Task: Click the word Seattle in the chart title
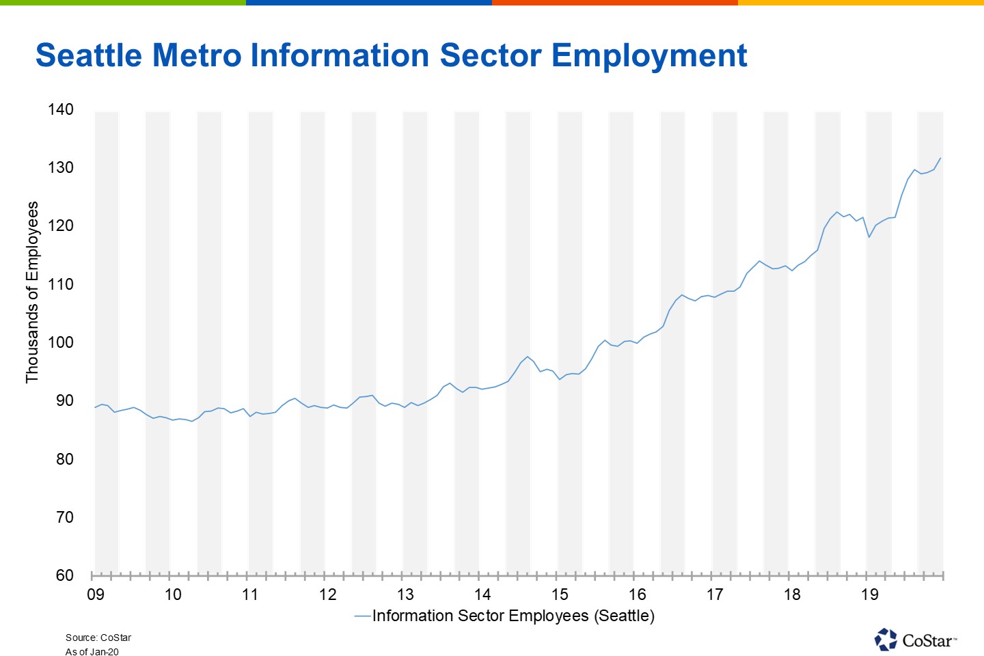pyautogui.click(x=89, y=55)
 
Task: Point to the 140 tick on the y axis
pyautogui.click(x=61, y=109)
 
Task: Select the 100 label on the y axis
pyautogui.click(x=61, y=342)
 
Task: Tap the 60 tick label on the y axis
pyautogui.click(x=64, y=575)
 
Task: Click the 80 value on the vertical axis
pyautogui.click(x=64, y=459)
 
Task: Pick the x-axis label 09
pyautogui.click(x=96, y=594)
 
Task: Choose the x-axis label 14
pyautogui.click(x=482, y=594)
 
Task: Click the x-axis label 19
pyautogui.click(x=869, y=594)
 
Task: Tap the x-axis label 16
pyautogui.click(x=638, y=594)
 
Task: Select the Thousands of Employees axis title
pyautogui.click(x=32, y=292)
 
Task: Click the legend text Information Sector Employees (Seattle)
pyautogui.click(x=513, y=616)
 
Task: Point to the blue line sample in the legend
pyautogui.click(x=362, y=616)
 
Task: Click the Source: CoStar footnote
pyautogui.click(x=98, y=638)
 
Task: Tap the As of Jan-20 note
pyautogui.click(x=92, y=652)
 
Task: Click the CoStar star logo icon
pyautogui.click(x=886, y=640)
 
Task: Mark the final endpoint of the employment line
pyautogui.click(x=940, y=158)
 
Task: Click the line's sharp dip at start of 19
pyautogui.click(x=869, y=237)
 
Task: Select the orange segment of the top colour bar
pyautogui.click(x=615, y=3)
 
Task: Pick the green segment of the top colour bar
pyautogui.click(x=123, y=3)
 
